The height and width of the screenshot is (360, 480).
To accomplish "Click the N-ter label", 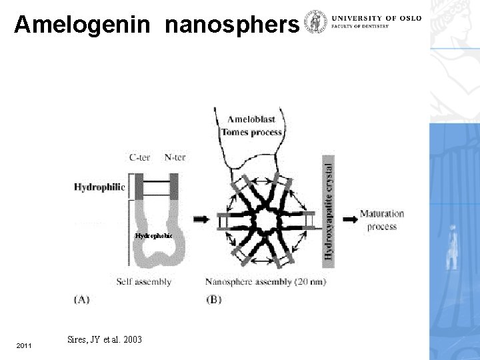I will click(175, 158).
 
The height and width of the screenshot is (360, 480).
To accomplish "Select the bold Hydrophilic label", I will click(99, 187).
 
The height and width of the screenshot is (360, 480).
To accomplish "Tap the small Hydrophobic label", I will click(153, 236).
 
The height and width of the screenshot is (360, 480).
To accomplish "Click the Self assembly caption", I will click(143, 281).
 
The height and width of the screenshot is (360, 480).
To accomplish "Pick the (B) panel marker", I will click(215, 299).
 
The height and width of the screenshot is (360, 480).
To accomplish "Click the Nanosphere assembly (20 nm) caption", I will click(265, 281).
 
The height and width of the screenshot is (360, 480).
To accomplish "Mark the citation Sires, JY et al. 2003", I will click(105, 339).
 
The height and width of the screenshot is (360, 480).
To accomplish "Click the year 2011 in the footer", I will click(23, 345).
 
